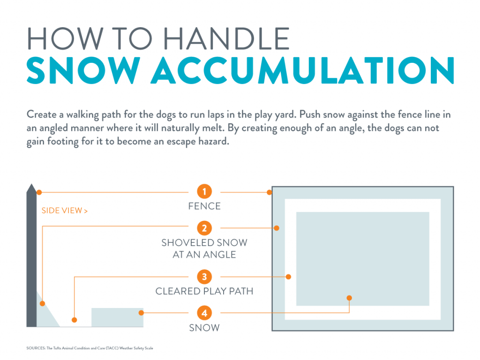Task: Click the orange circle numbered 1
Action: pos(204,192)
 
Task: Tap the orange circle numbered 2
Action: pos(204,228)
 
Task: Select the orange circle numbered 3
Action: pos(204,277)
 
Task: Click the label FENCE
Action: pos(204,206)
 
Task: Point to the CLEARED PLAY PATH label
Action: pos(204,291)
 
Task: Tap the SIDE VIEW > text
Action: pos(65,210)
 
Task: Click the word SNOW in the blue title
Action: pos(84,71)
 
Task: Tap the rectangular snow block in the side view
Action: pos(117,317)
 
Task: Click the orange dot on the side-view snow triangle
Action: pos(42,303)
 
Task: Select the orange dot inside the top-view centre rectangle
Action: pos(349,298)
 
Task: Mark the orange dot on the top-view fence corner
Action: pos(270,192)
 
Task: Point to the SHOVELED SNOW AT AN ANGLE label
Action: pos(204,249)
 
